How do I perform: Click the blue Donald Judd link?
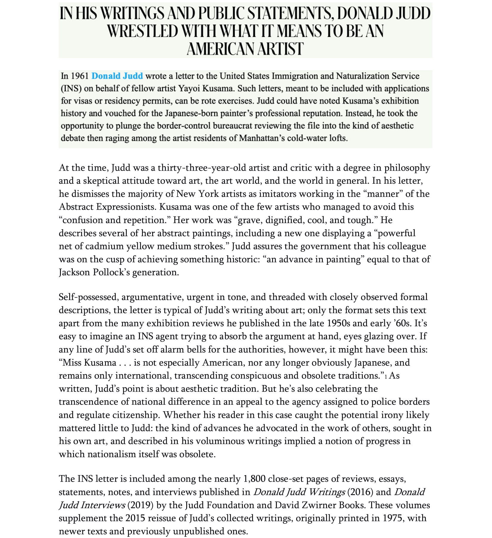click(117, 76)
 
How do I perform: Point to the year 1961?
click(80, 76)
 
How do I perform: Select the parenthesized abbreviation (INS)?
click(71, 89)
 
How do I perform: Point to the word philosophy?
click(407, 168)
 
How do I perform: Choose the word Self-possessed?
click(89, 297)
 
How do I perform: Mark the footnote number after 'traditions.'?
click(386, 377)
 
